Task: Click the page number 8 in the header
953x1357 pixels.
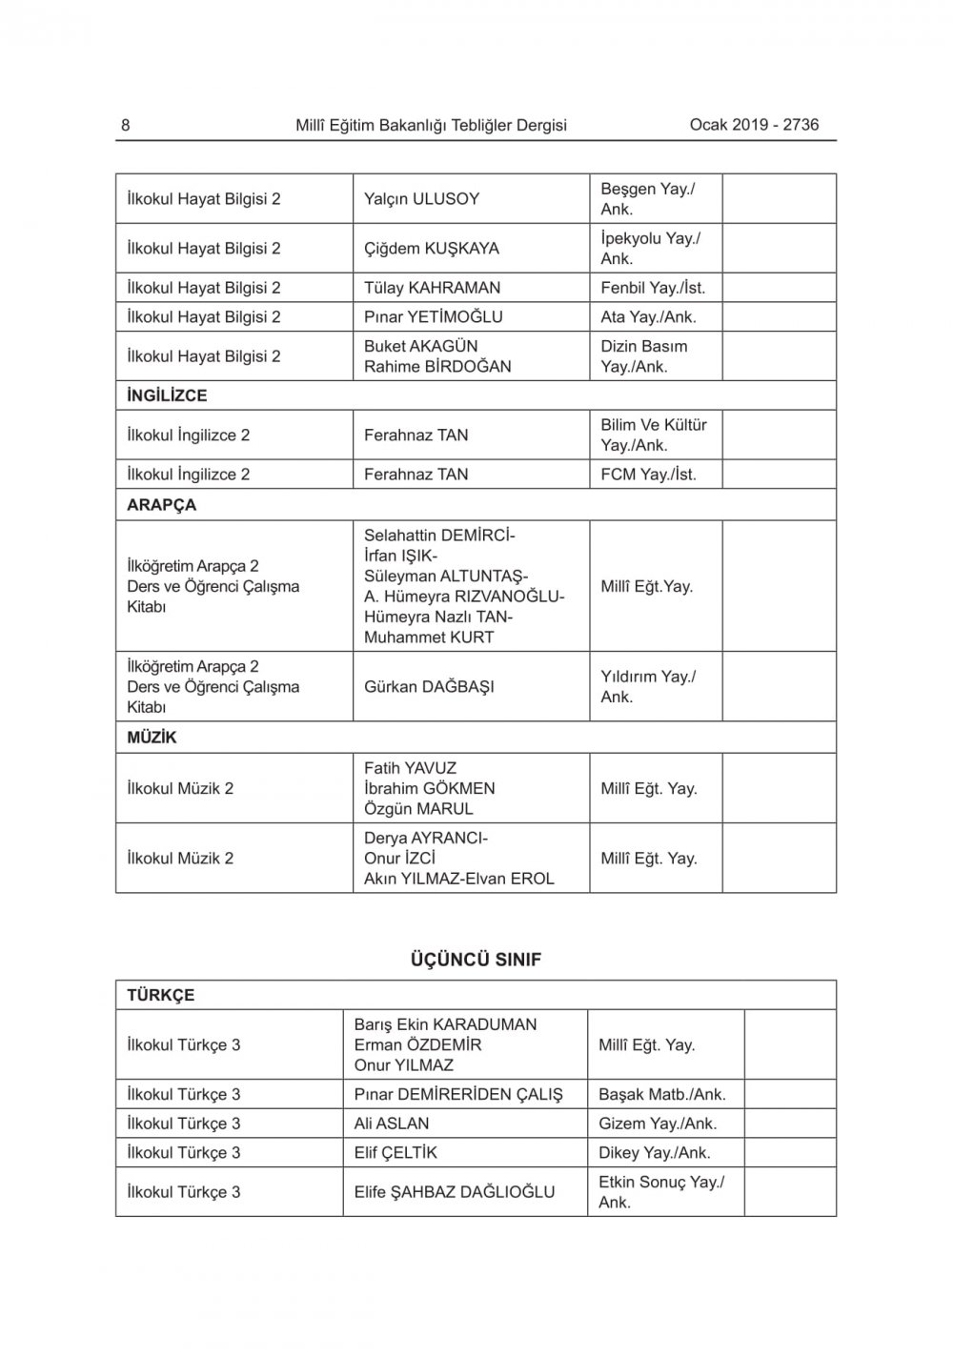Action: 126,125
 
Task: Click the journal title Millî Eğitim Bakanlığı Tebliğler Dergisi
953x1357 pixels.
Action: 431,125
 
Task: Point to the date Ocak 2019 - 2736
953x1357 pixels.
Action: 754,124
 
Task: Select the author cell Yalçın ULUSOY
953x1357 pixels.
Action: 421,199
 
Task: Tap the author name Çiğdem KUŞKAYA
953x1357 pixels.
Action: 431,249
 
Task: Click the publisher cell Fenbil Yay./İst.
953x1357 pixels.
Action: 653,288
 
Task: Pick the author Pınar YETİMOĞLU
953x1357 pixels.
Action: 433,316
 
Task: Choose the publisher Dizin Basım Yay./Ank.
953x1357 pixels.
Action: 643,356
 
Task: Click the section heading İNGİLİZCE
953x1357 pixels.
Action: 167,395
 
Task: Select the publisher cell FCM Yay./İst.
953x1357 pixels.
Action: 648,474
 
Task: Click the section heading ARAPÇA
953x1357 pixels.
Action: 161,505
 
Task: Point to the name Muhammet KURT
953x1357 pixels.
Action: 429,638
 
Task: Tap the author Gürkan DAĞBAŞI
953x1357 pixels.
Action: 429,686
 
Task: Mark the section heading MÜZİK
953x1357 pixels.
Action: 152,738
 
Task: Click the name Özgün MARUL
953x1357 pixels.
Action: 418,809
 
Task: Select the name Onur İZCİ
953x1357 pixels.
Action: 399,858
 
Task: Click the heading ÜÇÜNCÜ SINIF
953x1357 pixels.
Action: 475,960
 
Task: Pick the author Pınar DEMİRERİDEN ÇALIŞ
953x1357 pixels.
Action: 458,1094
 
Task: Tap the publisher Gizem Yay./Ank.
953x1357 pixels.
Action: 658,1124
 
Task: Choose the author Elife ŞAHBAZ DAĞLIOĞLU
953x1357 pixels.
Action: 454,1191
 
